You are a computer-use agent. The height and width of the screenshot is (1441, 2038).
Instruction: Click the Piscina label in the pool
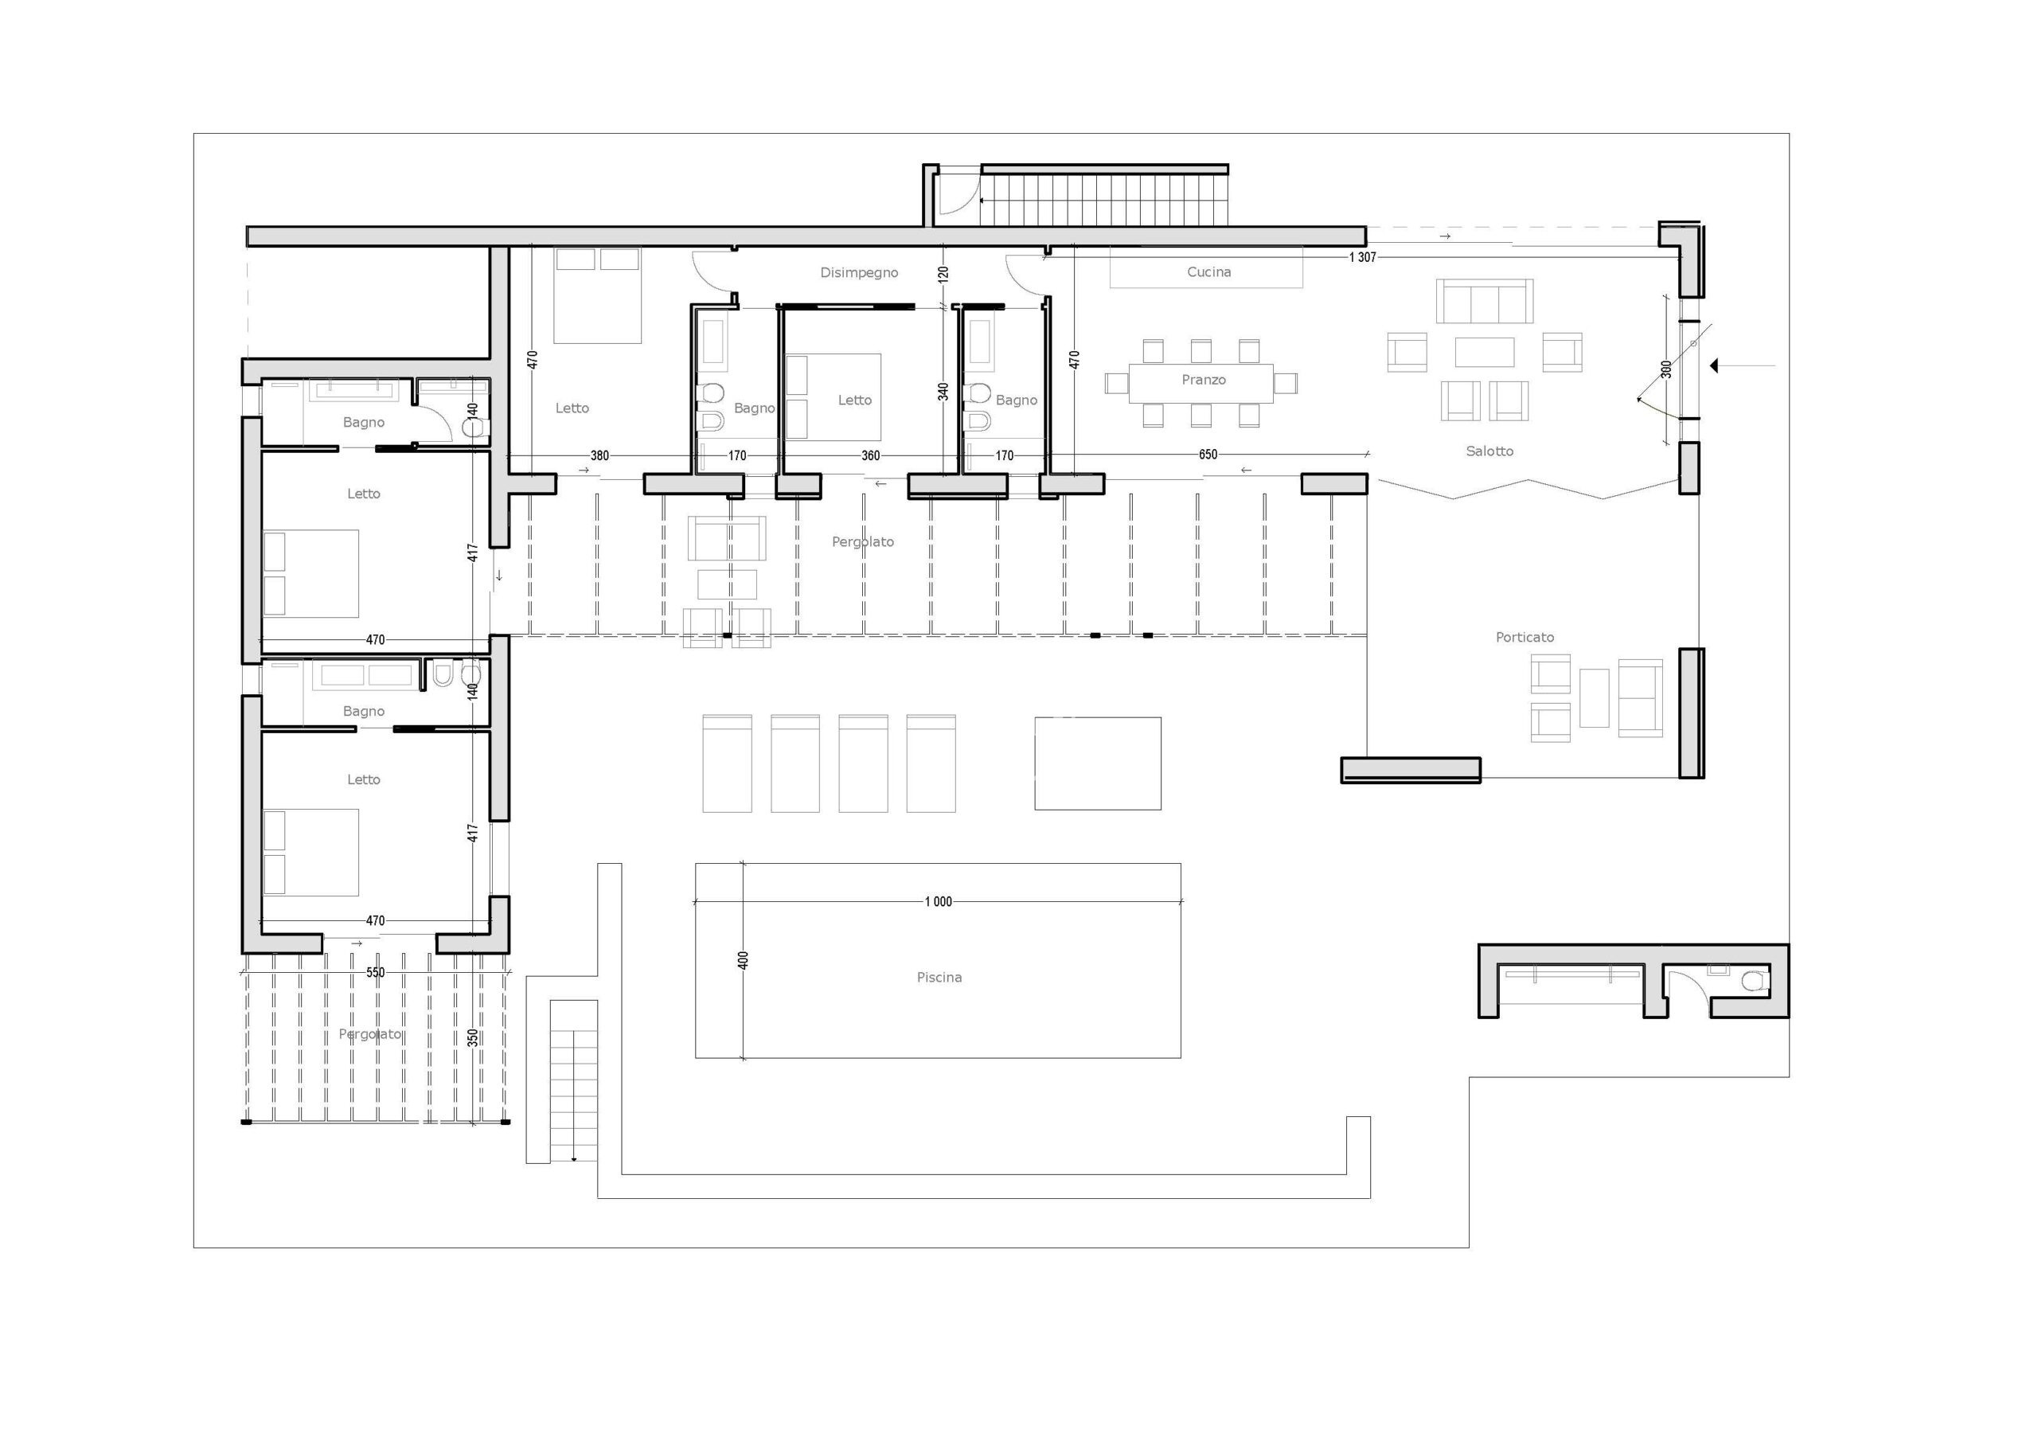[939, 978]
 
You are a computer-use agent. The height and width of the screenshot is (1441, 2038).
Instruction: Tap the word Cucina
[1209, 271]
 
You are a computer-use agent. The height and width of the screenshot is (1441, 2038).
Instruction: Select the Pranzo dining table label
[1204, 379]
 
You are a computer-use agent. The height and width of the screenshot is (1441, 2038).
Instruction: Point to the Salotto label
[1489, 451]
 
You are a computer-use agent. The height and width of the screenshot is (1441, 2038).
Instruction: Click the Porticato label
[1525, 637]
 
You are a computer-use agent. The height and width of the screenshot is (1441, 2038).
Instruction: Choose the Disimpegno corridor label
[859, 272]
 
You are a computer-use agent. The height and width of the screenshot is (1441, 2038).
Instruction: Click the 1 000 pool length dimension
[939, 902]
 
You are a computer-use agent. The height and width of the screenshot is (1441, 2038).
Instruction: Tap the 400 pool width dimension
[744, 960]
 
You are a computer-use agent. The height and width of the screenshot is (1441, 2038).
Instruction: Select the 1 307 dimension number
[1362, 257]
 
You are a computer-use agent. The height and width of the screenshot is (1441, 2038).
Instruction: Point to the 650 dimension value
[1208, 455]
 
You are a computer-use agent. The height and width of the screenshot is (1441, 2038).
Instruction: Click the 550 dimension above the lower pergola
[376, 972]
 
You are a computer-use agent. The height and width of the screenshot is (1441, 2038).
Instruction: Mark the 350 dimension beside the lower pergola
[473, 1037]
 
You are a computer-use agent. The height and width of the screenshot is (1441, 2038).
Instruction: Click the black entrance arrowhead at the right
[1715, 365]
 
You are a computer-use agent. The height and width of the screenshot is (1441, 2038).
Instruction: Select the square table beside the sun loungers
[1098, 763]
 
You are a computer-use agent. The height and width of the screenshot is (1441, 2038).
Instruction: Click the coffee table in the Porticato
[1595, 698]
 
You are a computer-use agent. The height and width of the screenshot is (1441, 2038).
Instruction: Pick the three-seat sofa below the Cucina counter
[1485, 301]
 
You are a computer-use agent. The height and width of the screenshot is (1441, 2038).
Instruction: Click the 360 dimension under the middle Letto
[871, 455]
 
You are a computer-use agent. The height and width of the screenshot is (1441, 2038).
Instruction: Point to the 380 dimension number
[600, 455]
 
